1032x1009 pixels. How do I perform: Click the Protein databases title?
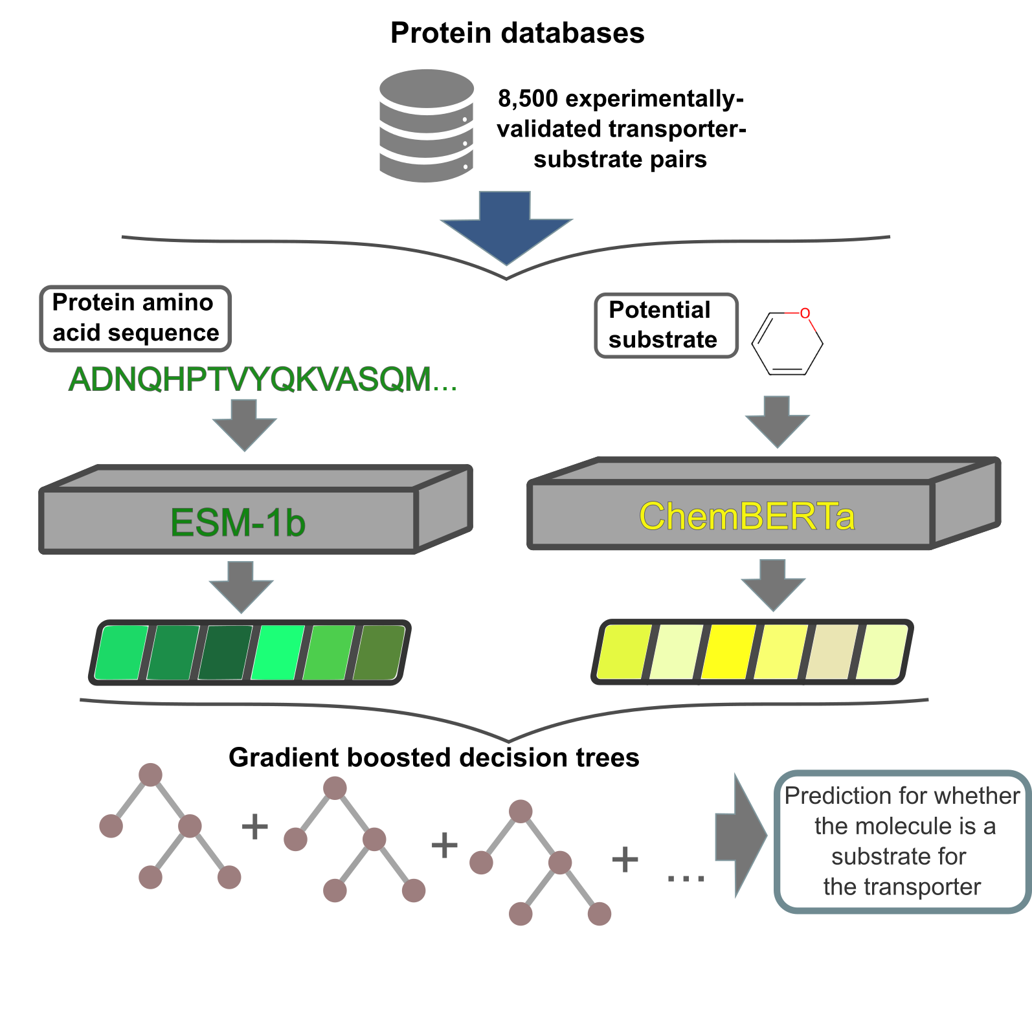coord(517,33)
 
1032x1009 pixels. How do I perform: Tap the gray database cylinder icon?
coord(426,126)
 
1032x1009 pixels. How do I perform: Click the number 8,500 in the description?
coord(527,98)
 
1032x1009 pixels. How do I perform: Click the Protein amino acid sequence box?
coord(135,318)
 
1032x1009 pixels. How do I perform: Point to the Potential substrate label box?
coord(666,325)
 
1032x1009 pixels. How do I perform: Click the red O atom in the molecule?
coord(805,313)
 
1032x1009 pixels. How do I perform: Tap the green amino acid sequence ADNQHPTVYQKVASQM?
coord(262,379)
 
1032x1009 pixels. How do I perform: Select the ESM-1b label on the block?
coord(238,522)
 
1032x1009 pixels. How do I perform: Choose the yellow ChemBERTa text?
coord(746,516)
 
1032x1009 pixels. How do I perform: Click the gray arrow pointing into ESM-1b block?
coord(245,425)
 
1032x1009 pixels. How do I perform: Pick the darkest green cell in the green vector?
coord(225,652)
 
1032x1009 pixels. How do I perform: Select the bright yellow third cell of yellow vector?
coord(728,652)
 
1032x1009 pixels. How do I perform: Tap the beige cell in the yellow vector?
coord(832,652)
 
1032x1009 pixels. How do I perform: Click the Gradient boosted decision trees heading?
coord(434,757)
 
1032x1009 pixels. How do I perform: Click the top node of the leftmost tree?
coord(150,774)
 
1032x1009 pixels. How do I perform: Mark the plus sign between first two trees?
coord(255,826)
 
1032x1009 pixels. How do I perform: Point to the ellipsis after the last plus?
coord(686,878)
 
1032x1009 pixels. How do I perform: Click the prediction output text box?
coord(902,841)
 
